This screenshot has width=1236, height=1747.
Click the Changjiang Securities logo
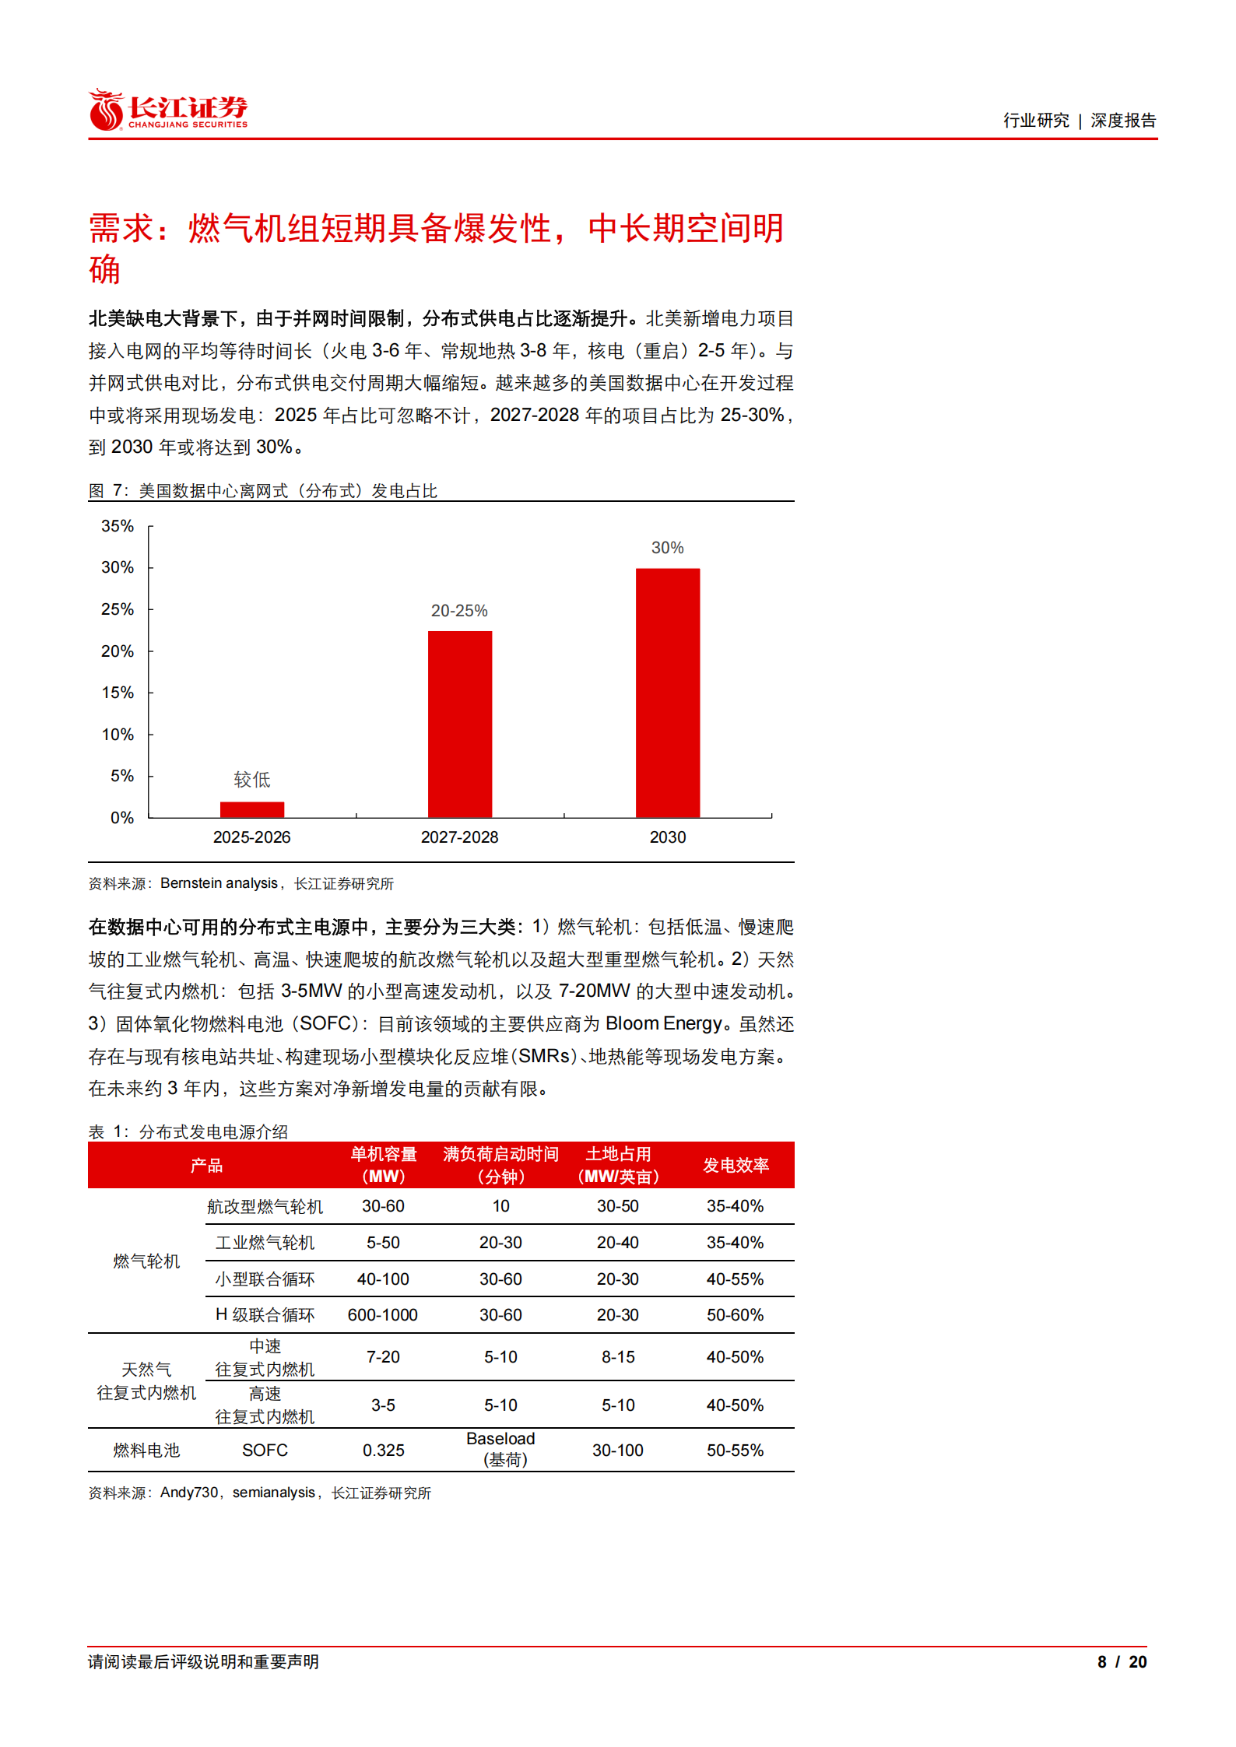[x=167, y=110]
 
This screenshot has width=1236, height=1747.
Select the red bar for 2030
[x=667, y=692]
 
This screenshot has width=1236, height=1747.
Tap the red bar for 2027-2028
[x=459, y=724]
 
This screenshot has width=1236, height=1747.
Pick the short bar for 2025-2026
[x=252, y=809]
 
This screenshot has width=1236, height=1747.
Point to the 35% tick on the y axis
[x=118, y=527]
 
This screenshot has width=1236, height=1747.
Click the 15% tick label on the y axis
[x=118, y=693]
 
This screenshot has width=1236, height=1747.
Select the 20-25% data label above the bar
[x=459, y=611]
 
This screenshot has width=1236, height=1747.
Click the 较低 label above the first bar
[x=252, y=780]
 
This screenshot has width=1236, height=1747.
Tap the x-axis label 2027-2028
[x=459, y=837]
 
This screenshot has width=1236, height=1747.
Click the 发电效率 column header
[x=736, y=1165]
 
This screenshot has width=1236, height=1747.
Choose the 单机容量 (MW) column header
[x=383, y=1165]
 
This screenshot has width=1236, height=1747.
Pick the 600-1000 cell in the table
[x=383, y=1315]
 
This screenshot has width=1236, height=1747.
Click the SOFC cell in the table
[x=265, y=1451]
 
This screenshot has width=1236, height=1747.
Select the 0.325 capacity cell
[x=383, y=1451]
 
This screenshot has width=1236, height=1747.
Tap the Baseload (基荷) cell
[x=500, y=1449]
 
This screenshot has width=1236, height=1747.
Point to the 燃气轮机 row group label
[x=146, y=1261]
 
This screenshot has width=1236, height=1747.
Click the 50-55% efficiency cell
[x=736, y=1451]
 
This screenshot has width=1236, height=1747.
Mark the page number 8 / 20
[x=1122, y=1662]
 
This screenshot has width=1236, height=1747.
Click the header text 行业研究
[x=1036, y=121]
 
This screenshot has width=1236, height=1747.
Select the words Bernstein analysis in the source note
[x=219, y=883]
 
